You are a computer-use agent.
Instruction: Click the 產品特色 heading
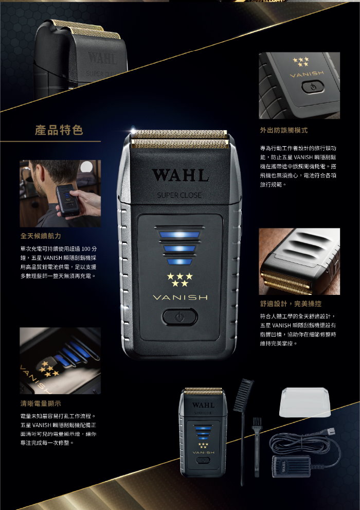point(59,130)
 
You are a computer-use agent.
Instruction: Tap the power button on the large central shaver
point(179,317)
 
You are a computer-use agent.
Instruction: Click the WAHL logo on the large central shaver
point(181,175)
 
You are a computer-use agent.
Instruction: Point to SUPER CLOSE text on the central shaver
point(179,195)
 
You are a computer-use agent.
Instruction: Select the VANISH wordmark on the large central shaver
point(180,297)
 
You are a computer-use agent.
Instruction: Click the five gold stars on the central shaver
point(179,280)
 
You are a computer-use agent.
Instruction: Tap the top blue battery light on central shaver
point(179,235)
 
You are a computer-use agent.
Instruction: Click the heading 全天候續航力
point(41,236)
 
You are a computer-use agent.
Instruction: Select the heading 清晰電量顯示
point(41,403)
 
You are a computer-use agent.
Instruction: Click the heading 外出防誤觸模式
point(284,130)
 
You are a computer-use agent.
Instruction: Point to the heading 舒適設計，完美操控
point(291,304)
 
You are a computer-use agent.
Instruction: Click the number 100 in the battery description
point(85,249)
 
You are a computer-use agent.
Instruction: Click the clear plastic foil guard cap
point(305,402)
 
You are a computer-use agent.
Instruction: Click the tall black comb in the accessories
point(242,429)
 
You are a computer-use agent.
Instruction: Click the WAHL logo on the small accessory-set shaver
point(203,405)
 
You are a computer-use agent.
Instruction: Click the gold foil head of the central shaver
point(181,139)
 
